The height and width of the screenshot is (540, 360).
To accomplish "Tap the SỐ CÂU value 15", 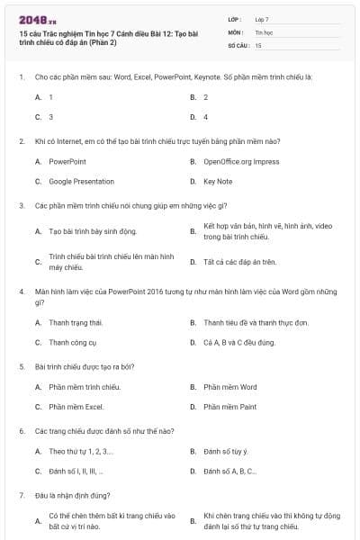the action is click(x=258, y=44).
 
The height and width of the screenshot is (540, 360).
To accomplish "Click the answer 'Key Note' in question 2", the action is click(x=218, y=181).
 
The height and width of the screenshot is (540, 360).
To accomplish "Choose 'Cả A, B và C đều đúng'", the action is click(x=238, y=342).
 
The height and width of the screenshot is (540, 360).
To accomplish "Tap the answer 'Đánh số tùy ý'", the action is click(x=225, y=451).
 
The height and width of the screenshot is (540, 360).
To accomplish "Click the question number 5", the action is click(x=21, y=367).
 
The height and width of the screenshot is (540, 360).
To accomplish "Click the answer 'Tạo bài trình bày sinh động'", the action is click(x=86, y=231).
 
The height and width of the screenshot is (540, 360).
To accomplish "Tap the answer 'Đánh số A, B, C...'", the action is click(x=230, y=471).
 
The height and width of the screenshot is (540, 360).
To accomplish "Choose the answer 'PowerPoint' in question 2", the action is click(x=67, y=161).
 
